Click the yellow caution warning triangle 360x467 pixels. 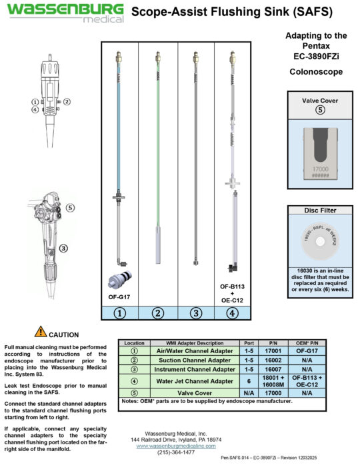tap(41, 330)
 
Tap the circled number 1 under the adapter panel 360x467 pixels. tap(120, 312)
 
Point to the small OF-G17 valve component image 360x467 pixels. tap(119, 281)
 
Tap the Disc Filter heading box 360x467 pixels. tap(316, 211)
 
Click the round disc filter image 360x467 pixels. tap(316, 243)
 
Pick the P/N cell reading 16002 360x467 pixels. tap(271, 360)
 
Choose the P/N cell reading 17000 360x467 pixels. tap(271, 393)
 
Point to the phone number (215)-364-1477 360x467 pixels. tap(176, 452)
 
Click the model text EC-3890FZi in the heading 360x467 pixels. tap(316, 57)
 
